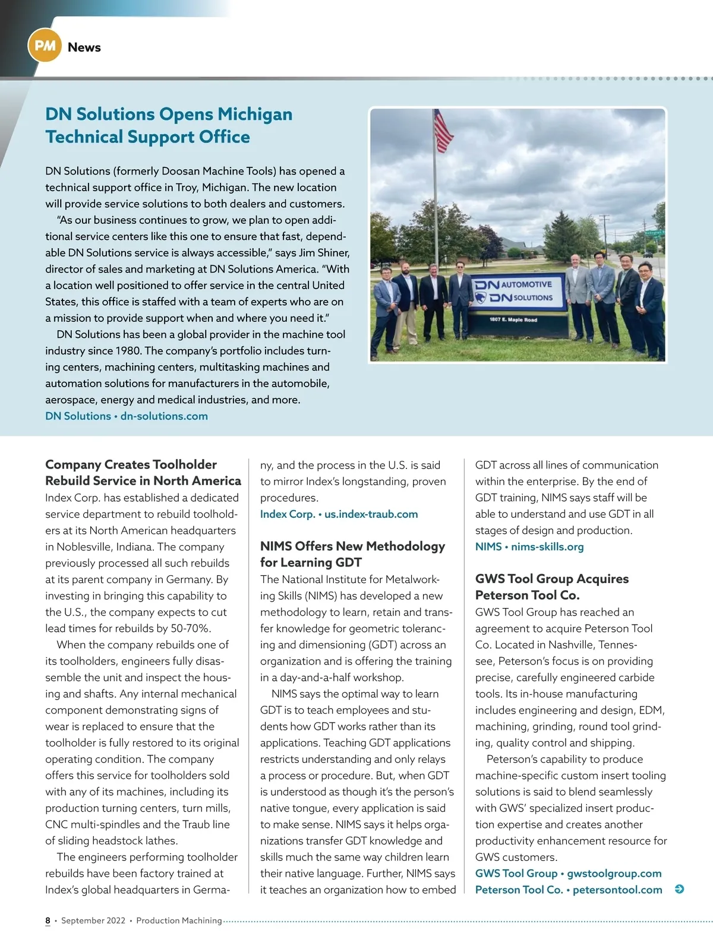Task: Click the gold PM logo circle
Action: tap(45, 46)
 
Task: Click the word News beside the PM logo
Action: tap(84, 47)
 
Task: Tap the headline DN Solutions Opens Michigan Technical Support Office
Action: tap(169, 125)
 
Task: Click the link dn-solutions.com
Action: tap(164, 416)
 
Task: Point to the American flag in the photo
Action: tap(443, 131)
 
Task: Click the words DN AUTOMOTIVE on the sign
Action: tap(515, 284)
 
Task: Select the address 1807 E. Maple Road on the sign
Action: tap(513, 319)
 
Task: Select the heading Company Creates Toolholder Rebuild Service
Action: tap(143, 473)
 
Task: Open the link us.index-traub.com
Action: tap(371, 514)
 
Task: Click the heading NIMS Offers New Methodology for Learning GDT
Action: tap(352, 554)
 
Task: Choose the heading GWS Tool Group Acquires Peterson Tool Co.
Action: tap(551, 587)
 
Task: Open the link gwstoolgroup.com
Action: tap(614, 873)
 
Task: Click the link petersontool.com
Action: tap(617, 890)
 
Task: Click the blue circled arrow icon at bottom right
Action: tap(680, 889)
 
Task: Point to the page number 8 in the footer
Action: tap(48, 920)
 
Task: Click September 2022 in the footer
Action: tap(93, 920)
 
